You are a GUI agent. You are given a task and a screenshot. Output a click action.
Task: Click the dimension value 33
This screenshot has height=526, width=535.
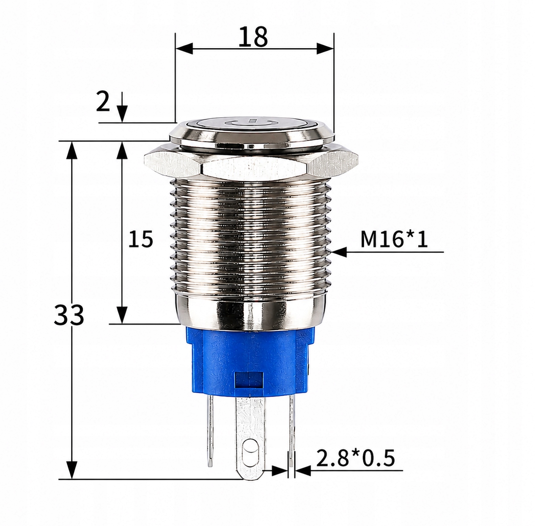[69, 315]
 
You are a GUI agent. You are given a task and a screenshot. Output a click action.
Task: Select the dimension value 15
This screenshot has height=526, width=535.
[140, 239]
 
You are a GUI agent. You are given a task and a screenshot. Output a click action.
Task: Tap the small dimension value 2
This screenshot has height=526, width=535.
[103, 102]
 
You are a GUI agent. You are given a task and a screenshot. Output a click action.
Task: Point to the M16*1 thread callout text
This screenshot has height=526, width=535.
[394, 239]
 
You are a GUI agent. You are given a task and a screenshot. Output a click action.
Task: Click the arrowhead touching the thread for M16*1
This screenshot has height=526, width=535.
[339, 252]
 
